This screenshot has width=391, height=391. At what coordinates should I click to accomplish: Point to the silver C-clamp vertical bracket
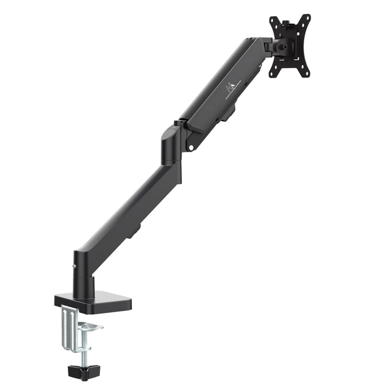point(67,326)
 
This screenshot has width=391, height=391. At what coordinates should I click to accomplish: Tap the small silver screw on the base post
point(74,266)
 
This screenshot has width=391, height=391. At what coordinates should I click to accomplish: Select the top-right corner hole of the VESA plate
point(306,18)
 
